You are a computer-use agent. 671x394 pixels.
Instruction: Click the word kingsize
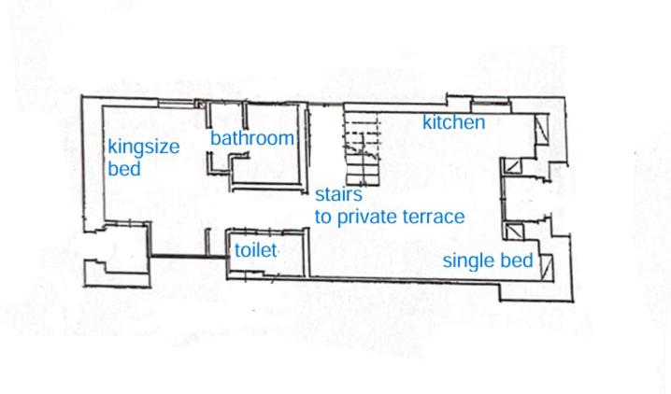point(143,148)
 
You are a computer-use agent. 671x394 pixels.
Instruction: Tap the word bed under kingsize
point(124,168)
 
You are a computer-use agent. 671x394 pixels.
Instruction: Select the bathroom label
point(252,138)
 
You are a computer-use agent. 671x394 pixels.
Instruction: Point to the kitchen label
point(453,122)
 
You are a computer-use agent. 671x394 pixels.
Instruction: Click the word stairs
point(339,194)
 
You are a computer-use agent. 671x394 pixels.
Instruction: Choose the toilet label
point(255,250)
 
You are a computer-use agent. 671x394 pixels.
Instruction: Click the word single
point(467,261)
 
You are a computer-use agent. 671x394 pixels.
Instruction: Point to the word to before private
point(323,218)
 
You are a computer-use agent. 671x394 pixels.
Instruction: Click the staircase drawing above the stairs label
point(362,148)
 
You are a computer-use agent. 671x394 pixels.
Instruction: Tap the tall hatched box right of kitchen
point(541,129)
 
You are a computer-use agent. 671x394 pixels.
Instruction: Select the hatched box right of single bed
point(547,267)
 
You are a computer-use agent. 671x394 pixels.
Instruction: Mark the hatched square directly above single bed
point(513,232)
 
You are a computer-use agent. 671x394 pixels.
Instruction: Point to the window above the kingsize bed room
point(177,103)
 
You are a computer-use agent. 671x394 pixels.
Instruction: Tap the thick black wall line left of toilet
point(188,257)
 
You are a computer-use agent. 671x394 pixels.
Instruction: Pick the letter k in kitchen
point(427,122)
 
